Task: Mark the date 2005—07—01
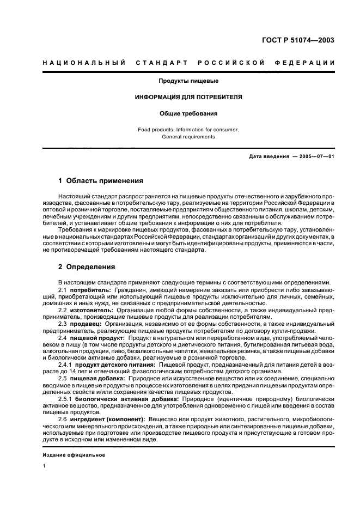tap(315, 156)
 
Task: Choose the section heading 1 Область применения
tap(101, 181)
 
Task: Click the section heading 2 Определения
tap(87, 267)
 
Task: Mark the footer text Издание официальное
tap(74, 455)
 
